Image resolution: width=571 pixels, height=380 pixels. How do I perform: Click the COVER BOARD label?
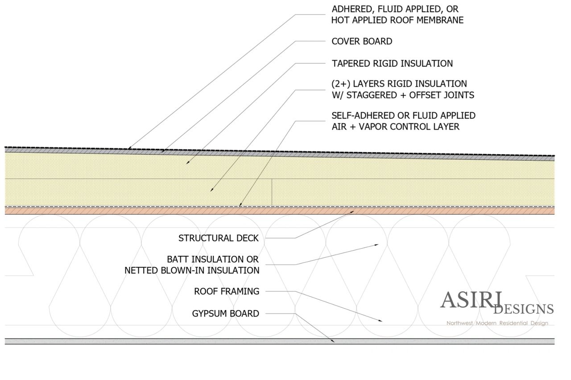pyautogui.click(x=362, y=41)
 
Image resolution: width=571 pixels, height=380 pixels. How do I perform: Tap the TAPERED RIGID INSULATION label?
pyautogui.click(x=392, y=63)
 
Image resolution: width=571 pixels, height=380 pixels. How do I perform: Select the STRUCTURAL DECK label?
pyautogui.click(x=218, y=238)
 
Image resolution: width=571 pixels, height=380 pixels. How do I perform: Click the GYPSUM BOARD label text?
pyautogui.click(x=225, y=314)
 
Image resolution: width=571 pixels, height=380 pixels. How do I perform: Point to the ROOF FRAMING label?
pyautogui.click(x=226, y=291)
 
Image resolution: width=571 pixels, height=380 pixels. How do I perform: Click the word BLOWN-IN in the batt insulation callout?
pyautogui.click(x=181, y=270)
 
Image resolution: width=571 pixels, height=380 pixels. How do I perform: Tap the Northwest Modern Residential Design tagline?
pyautogui.click(x=497, y=323)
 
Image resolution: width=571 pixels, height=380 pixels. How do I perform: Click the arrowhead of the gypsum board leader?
pyautogui.click(x=333, y=341)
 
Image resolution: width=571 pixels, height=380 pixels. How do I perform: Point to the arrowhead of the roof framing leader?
pyautogui.click(x=381, y=321)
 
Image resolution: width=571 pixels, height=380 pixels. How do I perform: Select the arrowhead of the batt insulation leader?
pyautogui.click(x=377, y=245)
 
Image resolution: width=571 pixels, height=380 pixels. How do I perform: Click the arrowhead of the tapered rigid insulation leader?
pyautogui.click(x=188, y=163)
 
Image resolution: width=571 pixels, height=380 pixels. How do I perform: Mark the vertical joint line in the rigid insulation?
pyautogui.click(x=272, y=192)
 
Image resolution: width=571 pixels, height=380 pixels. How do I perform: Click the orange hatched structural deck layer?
pyautogui.click(x=134, y=211)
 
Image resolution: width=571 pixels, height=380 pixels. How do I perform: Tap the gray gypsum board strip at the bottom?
pyautogui.click(x=134, y=341)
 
